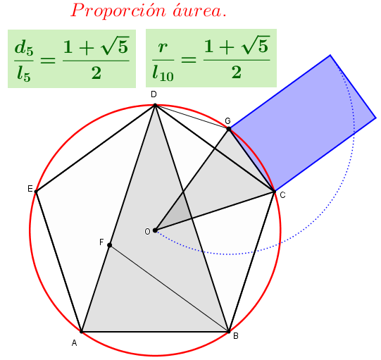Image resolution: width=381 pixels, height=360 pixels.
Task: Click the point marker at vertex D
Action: pyautogui.click(x=155, y=105)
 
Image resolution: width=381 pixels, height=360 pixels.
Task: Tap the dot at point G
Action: pyautogui.click(x=229, y=129)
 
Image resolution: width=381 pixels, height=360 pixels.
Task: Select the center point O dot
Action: pyautogui.click(x=155, y=230)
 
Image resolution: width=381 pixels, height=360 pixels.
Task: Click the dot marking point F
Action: pyautogui.click(x=110, y=245)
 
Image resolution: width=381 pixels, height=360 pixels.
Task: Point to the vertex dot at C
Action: pyautogui.click(x=275, y=192)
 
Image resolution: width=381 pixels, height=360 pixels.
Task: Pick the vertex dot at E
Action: pyautogui.click(x=36, y=192)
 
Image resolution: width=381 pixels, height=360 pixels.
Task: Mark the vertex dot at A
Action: pyautogui.click(x=82, y=331)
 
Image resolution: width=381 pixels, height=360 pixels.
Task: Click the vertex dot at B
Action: pyautogui.click(x=229, y=331)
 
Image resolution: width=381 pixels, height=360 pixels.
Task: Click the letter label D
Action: pyautogui.click(x=154, y=94)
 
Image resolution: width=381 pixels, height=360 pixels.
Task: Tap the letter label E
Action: pyautogui.click(x=30, y=189)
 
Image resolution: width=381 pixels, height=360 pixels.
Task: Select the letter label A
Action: pyautogui.click(x=74, y=343)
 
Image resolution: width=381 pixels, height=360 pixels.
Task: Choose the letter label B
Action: pyautogui.click(x=236, y=336)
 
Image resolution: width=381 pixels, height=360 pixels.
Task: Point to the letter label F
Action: pyautogui.click(x=101, y=242)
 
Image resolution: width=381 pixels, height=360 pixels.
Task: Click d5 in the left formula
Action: pyautogui.click(x=24, y=47)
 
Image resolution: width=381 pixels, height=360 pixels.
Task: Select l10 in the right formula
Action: pyautogui.click(x=163, y=73)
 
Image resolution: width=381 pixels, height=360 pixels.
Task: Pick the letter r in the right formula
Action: pyautogui.click(x=163, y=47)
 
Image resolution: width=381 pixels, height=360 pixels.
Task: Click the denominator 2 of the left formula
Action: pyautogui.click(x=96, y=73)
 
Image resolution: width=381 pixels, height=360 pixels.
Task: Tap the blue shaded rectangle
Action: pyautogui.click(x=303, y=123)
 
